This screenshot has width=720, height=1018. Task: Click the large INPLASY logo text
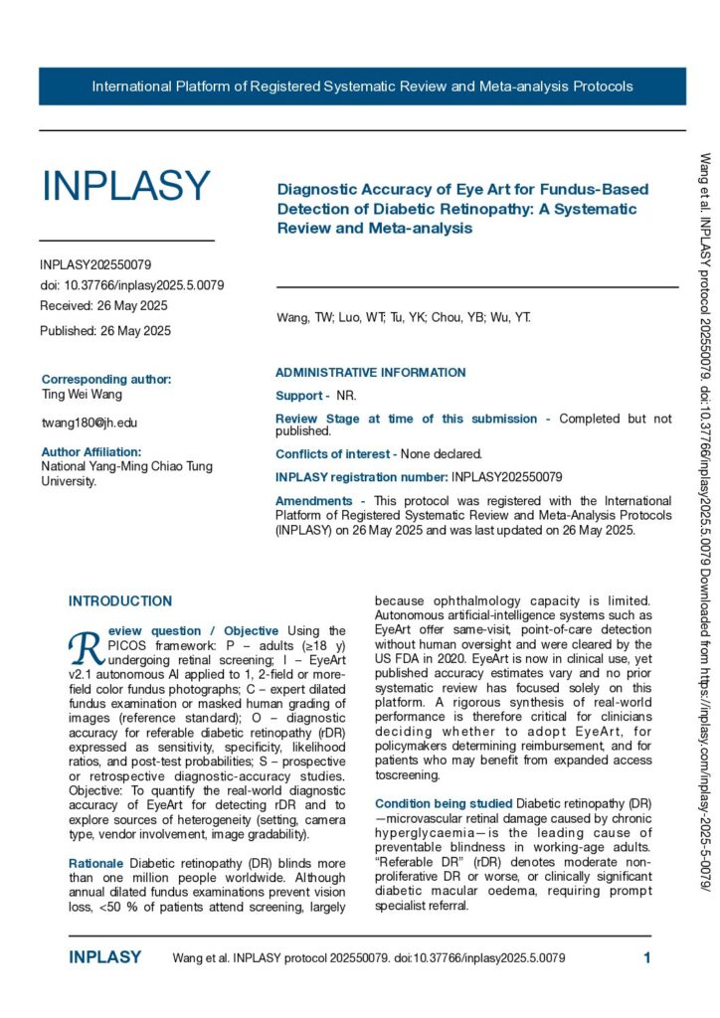(125, 186)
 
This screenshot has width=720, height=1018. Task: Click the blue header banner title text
(362, 86)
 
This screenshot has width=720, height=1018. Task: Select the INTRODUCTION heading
(119, 601)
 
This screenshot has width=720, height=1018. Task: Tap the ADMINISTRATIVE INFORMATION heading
(370, 373)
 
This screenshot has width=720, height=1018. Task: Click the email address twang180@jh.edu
(90, 423)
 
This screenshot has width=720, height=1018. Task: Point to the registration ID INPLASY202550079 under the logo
(95, 265)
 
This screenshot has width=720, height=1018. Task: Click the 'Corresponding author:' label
(106, 379)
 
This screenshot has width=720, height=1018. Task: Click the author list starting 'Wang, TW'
(403, 318)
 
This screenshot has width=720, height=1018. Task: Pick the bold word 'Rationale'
(96, 864)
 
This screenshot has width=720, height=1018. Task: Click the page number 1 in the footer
(646, 958)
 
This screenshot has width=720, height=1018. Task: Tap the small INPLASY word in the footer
(104, 958)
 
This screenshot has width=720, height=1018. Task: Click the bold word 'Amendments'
(313, 501)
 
